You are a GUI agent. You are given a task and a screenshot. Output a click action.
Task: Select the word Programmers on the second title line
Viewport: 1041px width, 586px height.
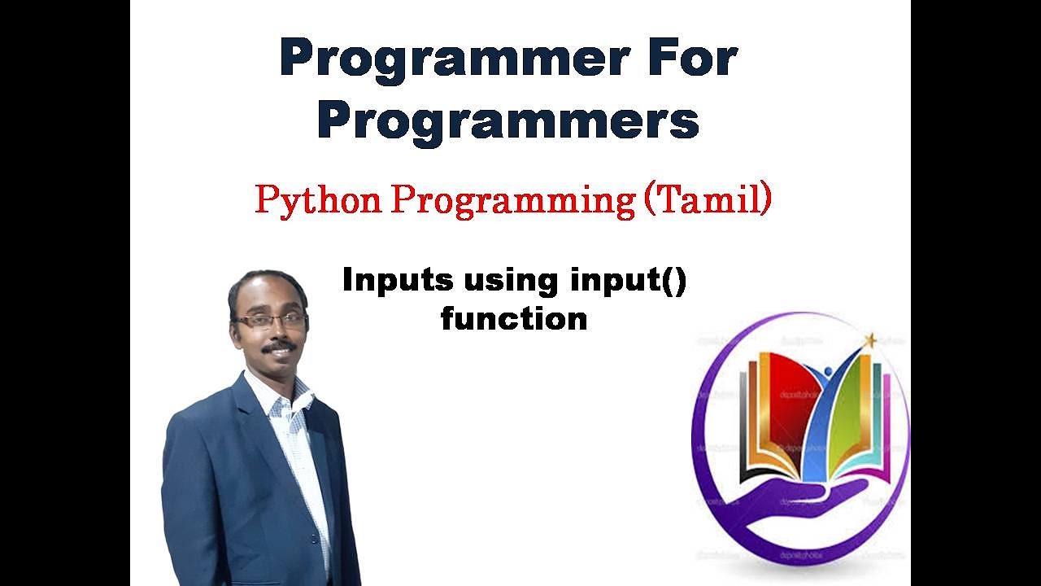tap(508, 120)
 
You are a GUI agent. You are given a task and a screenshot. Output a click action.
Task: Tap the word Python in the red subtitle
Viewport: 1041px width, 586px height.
tap(318, 200)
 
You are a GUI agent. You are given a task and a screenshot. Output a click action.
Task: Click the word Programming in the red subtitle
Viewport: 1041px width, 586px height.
tap(512, 200)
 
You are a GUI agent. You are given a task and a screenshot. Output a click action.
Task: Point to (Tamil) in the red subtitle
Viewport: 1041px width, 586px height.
tap(708, 199)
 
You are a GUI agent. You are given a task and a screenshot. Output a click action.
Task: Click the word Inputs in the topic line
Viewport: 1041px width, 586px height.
tap(397, 280)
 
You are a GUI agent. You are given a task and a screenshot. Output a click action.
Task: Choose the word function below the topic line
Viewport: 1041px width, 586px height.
tap(514, 318)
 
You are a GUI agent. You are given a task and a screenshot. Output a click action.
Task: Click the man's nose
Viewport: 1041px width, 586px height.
tap(275, 332)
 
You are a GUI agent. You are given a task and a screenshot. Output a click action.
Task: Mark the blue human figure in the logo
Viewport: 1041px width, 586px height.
tap(821, 407)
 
